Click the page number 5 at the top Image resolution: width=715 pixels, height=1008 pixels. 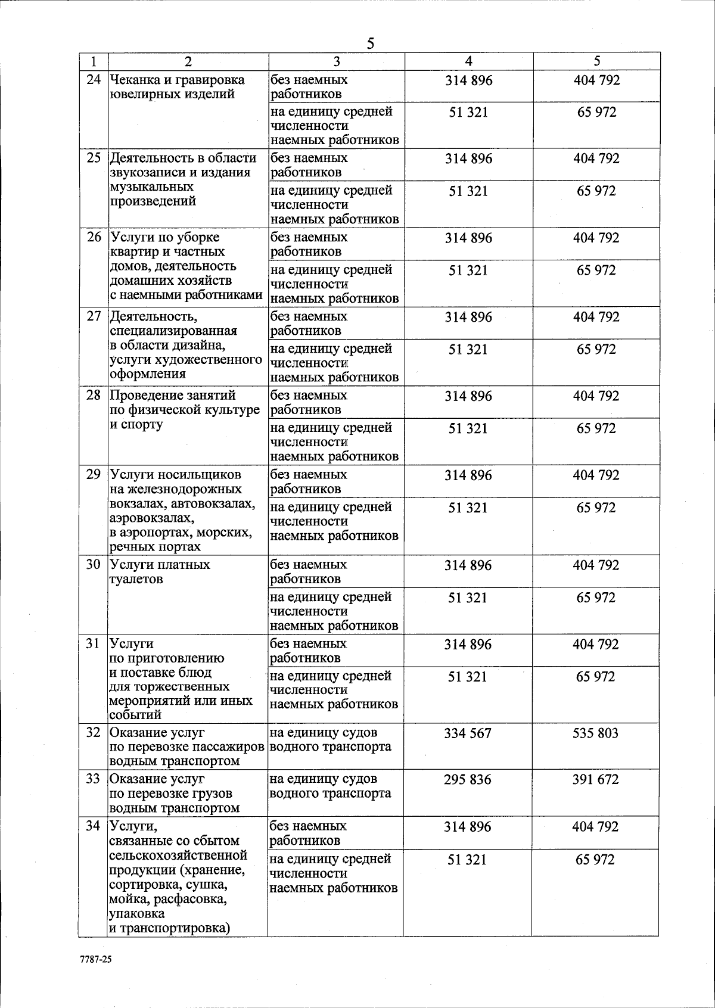click(x=370, y=43)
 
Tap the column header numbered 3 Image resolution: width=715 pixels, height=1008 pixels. click(x=337, y=61)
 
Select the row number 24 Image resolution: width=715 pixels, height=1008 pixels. click(x=94, y=79)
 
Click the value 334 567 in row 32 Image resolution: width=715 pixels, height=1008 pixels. click(x=468, y=733)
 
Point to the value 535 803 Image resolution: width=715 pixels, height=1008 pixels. click(x=596, y=733)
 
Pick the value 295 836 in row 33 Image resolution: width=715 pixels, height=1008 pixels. click(x=468, y=779)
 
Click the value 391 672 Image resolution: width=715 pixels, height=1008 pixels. click(x=596, y=779)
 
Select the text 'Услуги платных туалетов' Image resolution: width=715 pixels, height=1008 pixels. click(x=160, y=571)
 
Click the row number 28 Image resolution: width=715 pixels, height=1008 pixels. click(x=94, y=395)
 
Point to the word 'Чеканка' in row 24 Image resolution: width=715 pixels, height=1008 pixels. click(x=134, y=80)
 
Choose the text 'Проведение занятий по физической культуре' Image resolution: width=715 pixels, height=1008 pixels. click(x=185, y=403)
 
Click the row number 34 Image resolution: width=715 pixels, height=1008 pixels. click(x=94, y=826)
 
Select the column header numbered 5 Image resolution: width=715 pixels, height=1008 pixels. click(x=597, y=61)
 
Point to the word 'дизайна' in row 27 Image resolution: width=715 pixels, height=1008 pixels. click(x=197, y=345)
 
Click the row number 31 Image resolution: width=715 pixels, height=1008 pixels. click(x=94, y=644)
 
